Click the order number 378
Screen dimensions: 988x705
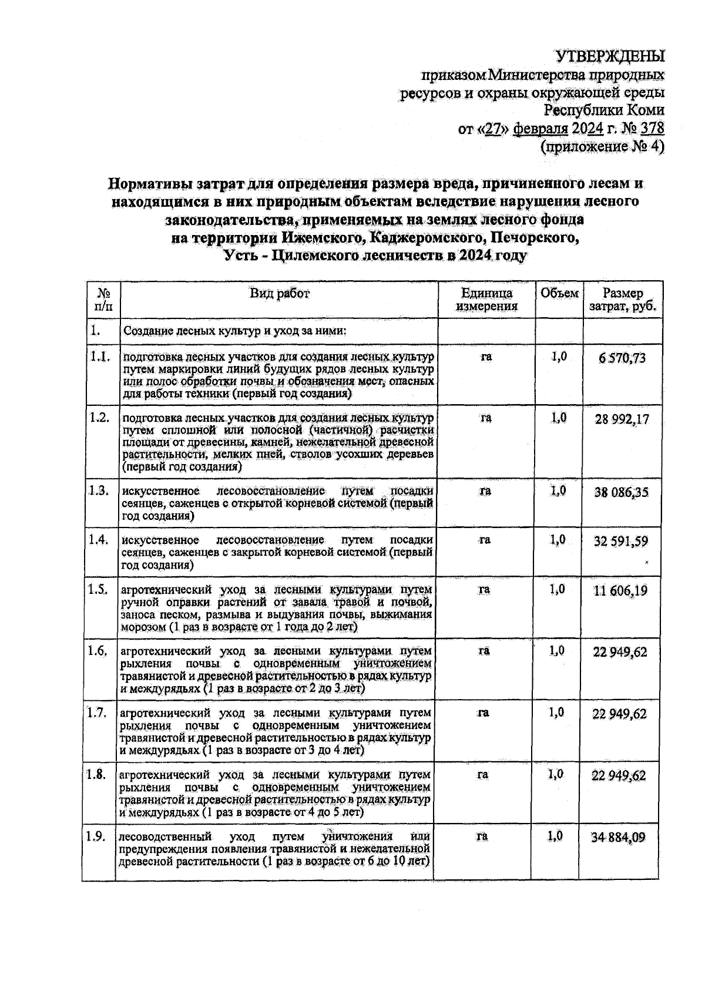pos(652,128)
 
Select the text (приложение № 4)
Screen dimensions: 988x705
pos(602,146)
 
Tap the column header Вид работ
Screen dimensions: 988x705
pos(279,293)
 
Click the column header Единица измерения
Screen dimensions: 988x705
pos(486,300)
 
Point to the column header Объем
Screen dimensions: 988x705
pos(559,293)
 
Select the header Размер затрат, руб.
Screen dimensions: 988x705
pos(623,300)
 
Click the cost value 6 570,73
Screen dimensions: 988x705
pos(622,358)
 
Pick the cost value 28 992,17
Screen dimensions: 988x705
pos(622,419)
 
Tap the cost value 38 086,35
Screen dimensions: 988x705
pos(622,492)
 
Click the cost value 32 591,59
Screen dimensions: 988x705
pos(621,541)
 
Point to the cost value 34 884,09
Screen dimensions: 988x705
pos(618,837)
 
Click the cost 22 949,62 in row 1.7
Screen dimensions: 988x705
pos(619,714)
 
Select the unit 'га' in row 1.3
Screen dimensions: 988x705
pos(485,491)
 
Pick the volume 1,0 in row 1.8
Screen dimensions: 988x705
pos(555,775)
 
